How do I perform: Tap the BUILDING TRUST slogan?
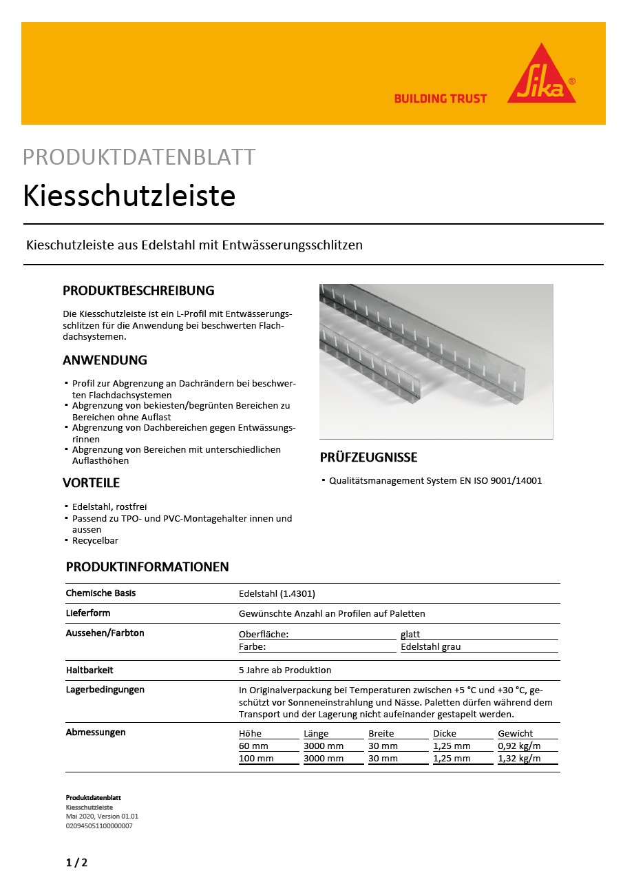tap(440, 99)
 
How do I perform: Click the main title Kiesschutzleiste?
tap(129, 196)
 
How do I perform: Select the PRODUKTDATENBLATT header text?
tap(139, 157)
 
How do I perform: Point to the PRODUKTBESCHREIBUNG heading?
tap(138, 290)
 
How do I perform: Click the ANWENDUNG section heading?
tap(105, 360)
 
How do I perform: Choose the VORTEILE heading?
tap(91, 482)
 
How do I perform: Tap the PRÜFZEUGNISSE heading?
tap(368, 458)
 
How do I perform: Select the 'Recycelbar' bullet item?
tap(95, 541)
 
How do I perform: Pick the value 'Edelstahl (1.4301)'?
tap(277, 593)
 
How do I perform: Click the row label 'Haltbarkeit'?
tap(89, 670)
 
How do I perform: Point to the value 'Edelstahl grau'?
tap(430, 647)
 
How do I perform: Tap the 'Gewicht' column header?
tap(515, 734)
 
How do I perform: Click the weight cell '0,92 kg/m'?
tap(519, 746)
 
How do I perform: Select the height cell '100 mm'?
tap(256, 759)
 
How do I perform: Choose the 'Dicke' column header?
tap(445, 734)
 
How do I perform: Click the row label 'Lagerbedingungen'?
tap(105, 689)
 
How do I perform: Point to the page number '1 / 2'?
tap(76, 862)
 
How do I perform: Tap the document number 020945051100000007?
tap(99, 825)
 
